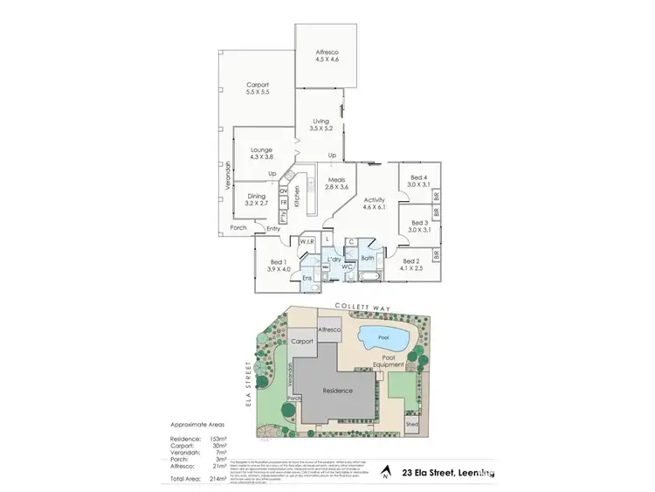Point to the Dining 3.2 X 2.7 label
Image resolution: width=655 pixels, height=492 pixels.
[256, 200]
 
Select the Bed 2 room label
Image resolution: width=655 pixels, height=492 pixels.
[413, 264]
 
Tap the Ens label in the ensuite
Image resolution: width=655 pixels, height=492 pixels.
[307, 278]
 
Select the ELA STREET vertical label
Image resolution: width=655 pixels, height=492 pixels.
[249, 385]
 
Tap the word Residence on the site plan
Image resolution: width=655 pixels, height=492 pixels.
[336, 391]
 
